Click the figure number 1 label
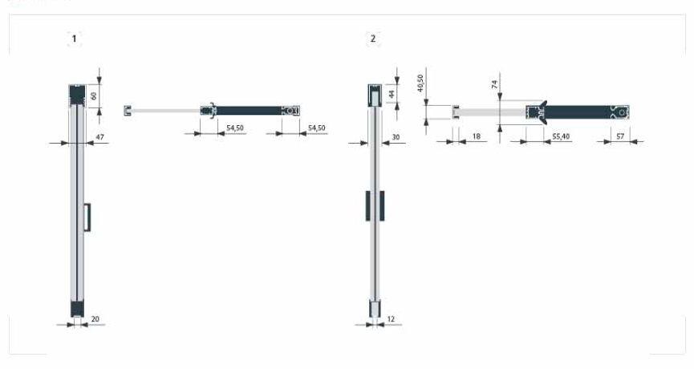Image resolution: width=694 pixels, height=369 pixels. pyautogui.click(x=74, y=39)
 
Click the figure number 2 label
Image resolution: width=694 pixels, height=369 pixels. pyautogui.click(x=372, y=39)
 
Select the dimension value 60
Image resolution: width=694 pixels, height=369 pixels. pyautogui.click(x=93, y=95)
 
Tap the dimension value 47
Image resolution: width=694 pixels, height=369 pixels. pyautogui.click(x=100, y=137)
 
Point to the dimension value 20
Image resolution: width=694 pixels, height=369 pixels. pyautogui.click(x=95, y=319)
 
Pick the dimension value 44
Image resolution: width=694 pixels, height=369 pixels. pyautogui.click(x=392, y=94)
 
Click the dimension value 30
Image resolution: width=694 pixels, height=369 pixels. pyautogui.click(x=396, y=137)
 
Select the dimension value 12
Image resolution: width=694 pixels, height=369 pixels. pyautogui.click(x=391, y=319)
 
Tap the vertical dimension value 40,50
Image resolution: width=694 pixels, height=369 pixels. pyautogui.click(x=420, y=83)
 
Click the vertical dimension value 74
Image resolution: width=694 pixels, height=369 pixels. pyautogui.click(x=494, y=84)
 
